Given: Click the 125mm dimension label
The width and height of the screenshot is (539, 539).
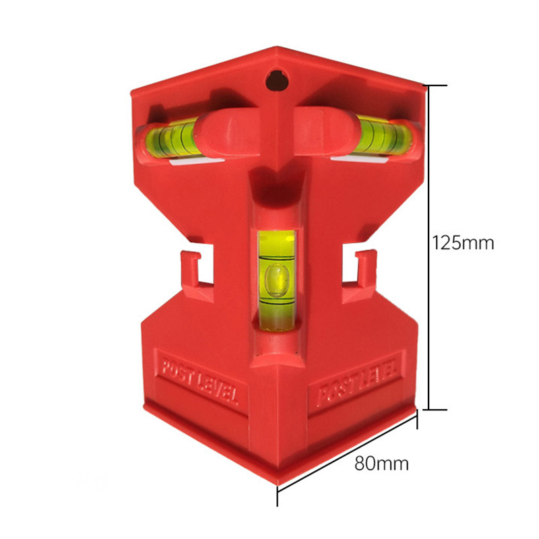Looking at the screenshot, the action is [x=463, y=243].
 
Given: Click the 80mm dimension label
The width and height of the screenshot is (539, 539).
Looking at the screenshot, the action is [x=381, y=463].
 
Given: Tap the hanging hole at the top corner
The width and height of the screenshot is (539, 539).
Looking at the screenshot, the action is [x=277, y=81].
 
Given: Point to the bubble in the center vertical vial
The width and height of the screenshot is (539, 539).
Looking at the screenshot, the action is [x=276, y=280].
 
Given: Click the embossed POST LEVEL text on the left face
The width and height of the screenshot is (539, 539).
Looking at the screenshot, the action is [x=199, y=381].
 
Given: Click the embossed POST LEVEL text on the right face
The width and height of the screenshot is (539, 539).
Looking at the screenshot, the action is [x=358, y=382].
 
